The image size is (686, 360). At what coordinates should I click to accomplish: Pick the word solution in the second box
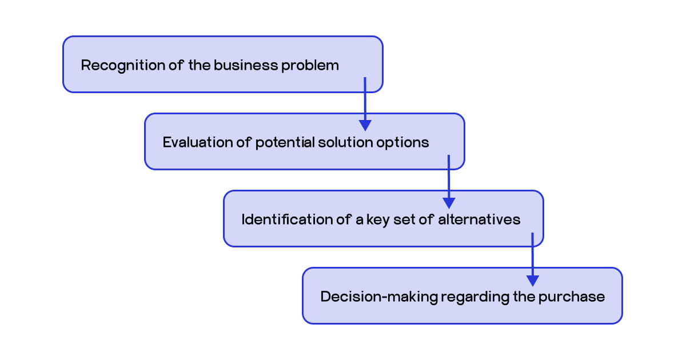[342, 142]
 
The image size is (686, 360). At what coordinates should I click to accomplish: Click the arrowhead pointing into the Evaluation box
[365, 126]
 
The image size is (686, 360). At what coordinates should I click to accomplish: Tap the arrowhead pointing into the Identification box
[449, 203]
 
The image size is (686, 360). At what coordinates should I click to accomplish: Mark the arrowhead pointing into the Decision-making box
[533, 281]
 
